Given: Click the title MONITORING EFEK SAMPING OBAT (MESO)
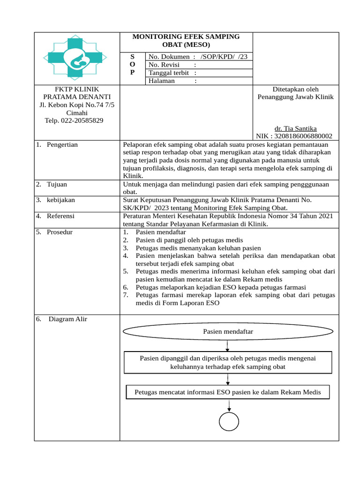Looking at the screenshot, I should (x=186, y=41).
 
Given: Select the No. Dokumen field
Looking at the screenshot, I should (x=197, y=56).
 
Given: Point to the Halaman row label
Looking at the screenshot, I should (x=162, y=81).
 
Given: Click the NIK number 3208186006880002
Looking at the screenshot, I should (x=294, y=136).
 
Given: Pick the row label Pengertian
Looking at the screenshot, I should (x=62, y=145).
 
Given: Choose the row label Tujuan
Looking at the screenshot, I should (x=57, y=184).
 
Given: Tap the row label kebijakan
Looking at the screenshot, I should (x=60, y=200).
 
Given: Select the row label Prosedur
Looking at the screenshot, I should (x=60, y=232).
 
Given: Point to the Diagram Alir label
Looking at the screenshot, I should (x=67, y=319).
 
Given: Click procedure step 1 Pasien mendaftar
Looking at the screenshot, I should (x=160, y=232).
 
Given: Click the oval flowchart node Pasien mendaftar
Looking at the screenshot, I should (x=228, y=331).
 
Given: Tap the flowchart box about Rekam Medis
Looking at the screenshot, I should (x=228, y=392).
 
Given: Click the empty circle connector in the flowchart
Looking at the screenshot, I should (x=229, y=420).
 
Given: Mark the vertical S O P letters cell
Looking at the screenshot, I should (x=132, y=65).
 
